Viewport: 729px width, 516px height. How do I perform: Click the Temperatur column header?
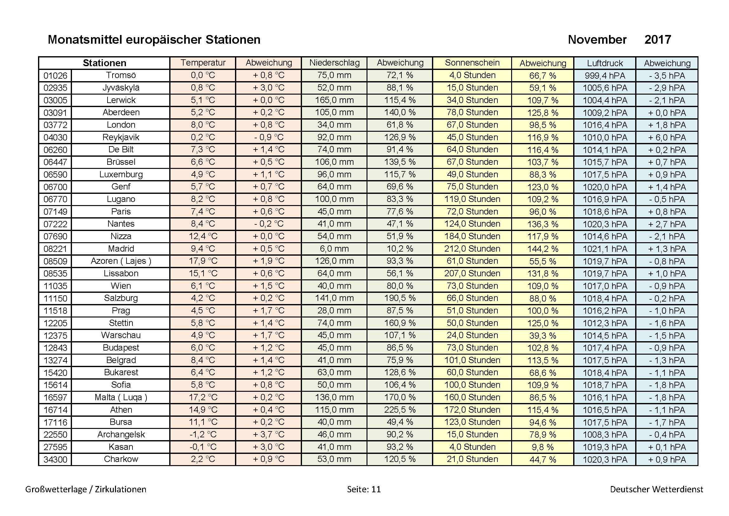pos(203,63)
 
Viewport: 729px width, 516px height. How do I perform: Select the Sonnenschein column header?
pos(472,63)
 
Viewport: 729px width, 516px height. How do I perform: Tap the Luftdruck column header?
pos(605,63)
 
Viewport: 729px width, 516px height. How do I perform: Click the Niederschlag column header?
pos(334,63)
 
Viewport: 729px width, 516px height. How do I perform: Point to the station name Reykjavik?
pos(121,137)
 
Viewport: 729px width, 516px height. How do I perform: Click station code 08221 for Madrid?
pos(55,249)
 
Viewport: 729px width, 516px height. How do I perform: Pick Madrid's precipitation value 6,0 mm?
pos(334,248)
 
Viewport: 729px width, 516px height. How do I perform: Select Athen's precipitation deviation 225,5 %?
pos(400,410)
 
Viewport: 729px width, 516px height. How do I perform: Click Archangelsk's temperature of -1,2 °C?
pos(203,435)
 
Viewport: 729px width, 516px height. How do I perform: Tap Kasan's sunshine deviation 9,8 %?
pos(543,447)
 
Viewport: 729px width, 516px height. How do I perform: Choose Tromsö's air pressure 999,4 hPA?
pos(605,76)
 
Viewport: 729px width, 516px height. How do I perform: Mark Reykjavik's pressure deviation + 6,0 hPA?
pos(667,137)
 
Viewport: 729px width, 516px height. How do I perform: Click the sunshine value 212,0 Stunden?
pos(472,248)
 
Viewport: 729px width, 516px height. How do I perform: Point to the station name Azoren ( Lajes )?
pos(121,261)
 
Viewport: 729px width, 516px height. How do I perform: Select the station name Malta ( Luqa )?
pos(121,397)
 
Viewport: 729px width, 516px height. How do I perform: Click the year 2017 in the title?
pos(658,40)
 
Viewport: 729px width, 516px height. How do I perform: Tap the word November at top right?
pos(597,40)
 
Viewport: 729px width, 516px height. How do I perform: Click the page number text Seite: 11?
pos(363,489)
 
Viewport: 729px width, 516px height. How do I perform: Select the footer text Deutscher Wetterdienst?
pos(656,489)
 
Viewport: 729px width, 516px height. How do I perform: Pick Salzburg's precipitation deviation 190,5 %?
pos(400,298)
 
